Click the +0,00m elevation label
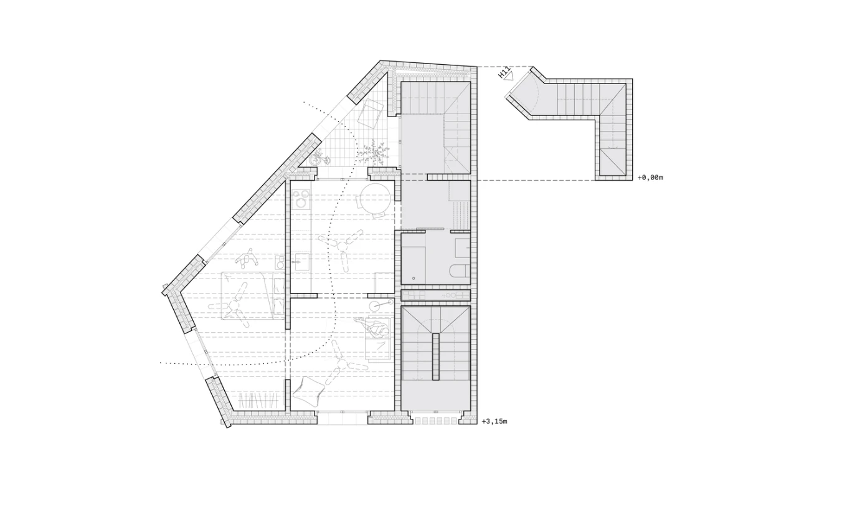click(x=650, y=178)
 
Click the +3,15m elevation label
click(x=494, y=422)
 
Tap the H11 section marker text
click(x=503, y=72)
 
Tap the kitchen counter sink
click(x=301, y=261)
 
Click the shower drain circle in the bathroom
click(x=414, y=279)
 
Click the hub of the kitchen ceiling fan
click(x=343, y=247)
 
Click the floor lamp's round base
click(x=375, y=306)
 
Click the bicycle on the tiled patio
click(x=319, y=158)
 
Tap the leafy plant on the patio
click(x=373, y=151)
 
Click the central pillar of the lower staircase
click(x=435, y=356)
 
